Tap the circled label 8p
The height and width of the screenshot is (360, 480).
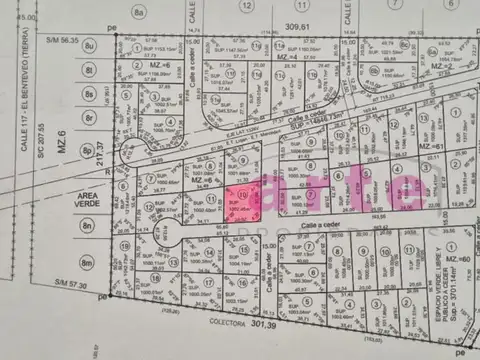coord(88,152)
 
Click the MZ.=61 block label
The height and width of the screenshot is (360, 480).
coord(433,146)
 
